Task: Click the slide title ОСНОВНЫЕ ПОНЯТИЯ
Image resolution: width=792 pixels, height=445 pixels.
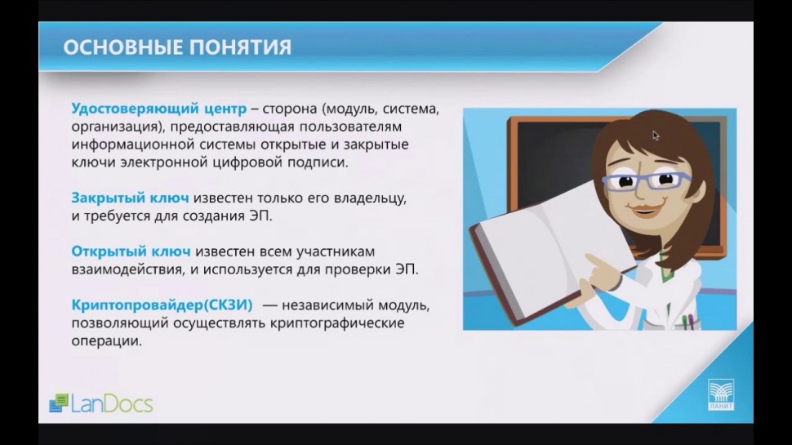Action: [x=177, y=47]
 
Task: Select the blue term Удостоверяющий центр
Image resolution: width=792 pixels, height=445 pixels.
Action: [x=159, y=109]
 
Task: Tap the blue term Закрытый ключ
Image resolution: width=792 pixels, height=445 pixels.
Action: [x=131, y=198]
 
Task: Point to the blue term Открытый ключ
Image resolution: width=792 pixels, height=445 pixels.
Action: [x=131, y=251]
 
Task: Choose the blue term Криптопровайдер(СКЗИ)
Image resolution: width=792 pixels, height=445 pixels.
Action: [x=162, y=305]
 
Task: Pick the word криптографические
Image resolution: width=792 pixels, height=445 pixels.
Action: [x=337, y=323]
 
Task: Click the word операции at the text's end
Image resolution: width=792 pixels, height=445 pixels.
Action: [x=107, y=341]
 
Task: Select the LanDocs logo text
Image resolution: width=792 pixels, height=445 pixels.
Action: [x=112, y=403]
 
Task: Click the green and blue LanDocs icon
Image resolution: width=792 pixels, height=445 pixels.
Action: [x=59, y=403]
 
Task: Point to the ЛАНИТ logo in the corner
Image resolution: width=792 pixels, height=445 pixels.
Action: [x=721, y=395]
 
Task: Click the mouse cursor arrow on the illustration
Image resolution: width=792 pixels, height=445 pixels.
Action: [x=656, y=136]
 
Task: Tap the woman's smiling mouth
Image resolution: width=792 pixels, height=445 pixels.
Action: [x=644, y=208]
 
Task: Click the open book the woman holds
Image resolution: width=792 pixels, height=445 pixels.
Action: [x=550, y=247]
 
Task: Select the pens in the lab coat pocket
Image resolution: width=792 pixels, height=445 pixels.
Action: [x=687, y=322]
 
